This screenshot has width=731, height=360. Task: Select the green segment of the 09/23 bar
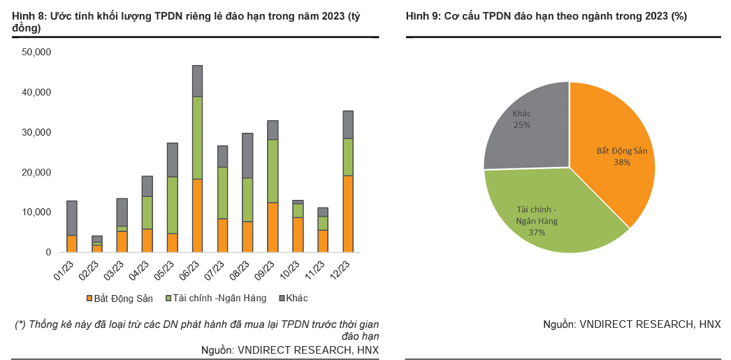click(x=273, y=171)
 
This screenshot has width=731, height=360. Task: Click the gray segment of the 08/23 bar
click(x=247, y=155)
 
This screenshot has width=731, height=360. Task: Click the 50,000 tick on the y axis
click(x=37, y=52)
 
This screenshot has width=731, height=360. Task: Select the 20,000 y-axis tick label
click(x=37, y=172)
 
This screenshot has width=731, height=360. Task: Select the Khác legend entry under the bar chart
click(x=292, y=298)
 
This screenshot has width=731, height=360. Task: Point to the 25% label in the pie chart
click(x=521, y=124)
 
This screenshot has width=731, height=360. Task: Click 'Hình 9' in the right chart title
click(x=422, y=16)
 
